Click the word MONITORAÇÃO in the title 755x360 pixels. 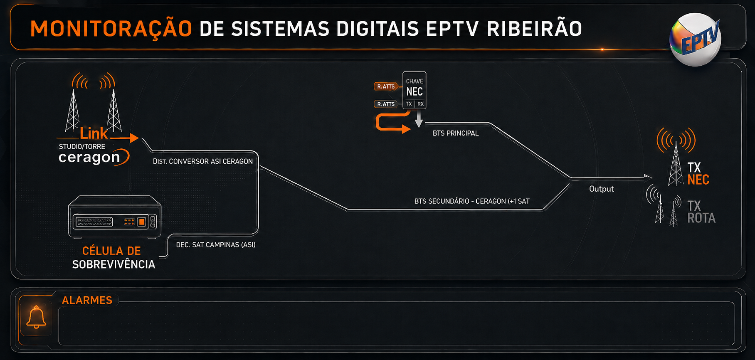click(111, 29)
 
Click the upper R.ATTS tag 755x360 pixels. click(386, 86)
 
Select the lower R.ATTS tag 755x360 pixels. click(386, 104)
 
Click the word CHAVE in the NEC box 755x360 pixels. click(415, 81)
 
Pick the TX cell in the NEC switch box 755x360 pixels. click(409, 104)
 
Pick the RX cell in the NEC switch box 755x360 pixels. click(420, 104)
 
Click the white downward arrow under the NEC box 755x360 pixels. click(419, 119)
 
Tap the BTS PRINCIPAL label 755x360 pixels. click(456, 133)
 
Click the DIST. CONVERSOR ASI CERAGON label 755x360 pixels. click(202, 161)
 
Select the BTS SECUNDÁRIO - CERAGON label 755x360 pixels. click(472, 201)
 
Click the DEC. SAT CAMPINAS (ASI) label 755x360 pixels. click(215, 245)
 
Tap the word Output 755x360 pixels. click(601, 189)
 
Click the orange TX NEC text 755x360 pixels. click(698, 174)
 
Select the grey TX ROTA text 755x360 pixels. click(701, 212)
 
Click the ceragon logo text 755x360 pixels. click(89, 158)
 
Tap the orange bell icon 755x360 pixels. click(36, 317)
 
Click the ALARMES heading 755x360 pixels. click(87, 300)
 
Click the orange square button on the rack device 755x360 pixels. click(142, 222)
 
